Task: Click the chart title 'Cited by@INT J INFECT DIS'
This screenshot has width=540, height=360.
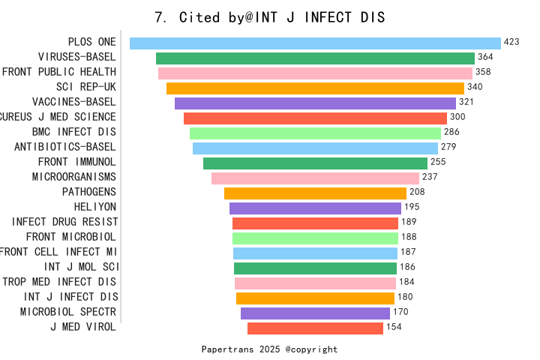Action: pyautogui.click(x=269, y=17)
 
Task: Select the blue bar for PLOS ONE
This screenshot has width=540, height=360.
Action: pyautogui.click(x=315, y=43)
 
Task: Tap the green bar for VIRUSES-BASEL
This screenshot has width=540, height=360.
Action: pyautogui.click(x=315, y=58)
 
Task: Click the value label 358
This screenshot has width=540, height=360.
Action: pyautogui.click(x=483, y=72)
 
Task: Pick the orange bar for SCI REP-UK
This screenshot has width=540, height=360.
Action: pyautogui.click(x=315, y=88)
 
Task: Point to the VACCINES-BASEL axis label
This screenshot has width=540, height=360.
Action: pyautogui.click(x=73, y=102)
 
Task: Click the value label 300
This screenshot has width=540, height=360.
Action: pyautogui.click(x=457, y=117)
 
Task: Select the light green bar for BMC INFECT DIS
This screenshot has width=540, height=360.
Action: pyautogui.click(x=315, y=133)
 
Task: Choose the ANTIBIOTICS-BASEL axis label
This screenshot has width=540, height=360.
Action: pyautogui.click(x=65, y=147)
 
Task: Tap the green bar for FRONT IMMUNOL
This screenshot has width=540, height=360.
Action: pyautogui.click(x=315, y=163)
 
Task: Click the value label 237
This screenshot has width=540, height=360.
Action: pyautogui.click(x=430, y=177)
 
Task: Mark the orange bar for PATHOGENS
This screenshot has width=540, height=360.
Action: pyautogui.click(x=315, y=193)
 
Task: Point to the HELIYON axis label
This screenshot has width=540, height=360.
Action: pyautogui.click(x=94, y=207)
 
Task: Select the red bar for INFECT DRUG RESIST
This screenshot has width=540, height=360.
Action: pyautogui.click(x=315, y=223)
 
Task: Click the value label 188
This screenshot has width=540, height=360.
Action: pyautogui.click(x=409, y=237)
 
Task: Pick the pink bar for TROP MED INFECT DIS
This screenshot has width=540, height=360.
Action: pyautogui.click(x=315, y=283)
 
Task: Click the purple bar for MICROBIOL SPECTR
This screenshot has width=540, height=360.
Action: pyautogui.click(x=315, y=313)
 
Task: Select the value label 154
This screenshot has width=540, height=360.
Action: pyautogui.click(x=394, y=327)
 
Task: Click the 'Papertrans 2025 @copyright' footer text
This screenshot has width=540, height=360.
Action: pyautogui.click(x=269, y=349)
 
